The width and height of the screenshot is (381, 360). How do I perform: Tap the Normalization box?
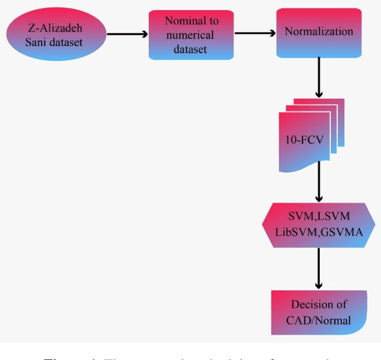[x=318, y=33]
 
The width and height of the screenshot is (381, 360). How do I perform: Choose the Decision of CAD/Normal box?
[x=318, y=312]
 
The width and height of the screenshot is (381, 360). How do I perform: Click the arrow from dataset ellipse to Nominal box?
[x=126, y=35]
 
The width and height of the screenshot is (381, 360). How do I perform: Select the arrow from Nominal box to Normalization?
[x=254, y=33]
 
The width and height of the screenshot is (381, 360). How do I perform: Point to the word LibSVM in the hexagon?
[x=295, y=233]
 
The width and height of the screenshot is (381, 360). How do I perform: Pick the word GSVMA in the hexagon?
[x=341, y=233]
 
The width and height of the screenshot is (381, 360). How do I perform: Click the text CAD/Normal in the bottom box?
[x=318, y=320]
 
